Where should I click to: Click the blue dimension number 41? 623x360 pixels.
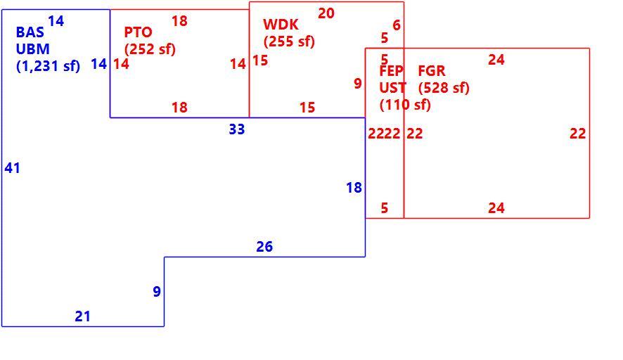[x=13, y=168]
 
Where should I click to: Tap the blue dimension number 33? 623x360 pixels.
[x=237, y=129]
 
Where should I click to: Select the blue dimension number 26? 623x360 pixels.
[x=264, y=247]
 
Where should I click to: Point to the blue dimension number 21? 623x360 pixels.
[x=83, y=316]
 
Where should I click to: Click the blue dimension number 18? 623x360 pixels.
[x=354, y=188]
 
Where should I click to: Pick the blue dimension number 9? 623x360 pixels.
[x=157, y=292]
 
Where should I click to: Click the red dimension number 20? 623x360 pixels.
[x=326, y=13]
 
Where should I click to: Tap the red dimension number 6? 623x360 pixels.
[x=397, y=25]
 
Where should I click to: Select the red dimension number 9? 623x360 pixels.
[x=358, y=84]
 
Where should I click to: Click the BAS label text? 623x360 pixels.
[x=30, y=32]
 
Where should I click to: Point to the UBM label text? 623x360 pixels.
[x=32, y=49]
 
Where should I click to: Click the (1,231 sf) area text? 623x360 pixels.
[x=48, y=66]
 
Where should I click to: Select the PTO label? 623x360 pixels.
[x=139, y=32]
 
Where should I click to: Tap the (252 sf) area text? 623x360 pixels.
[x=150, y=49]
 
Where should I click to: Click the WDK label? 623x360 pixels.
[x=281, y=25]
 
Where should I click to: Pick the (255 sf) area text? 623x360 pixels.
[x=289, y=41]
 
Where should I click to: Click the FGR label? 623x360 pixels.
[x=432, y=71]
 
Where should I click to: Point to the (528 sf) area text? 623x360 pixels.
[x=444, y=88]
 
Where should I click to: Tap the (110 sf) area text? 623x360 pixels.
[x=405, y=105]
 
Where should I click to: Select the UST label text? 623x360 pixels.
[x=392, y=88]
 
